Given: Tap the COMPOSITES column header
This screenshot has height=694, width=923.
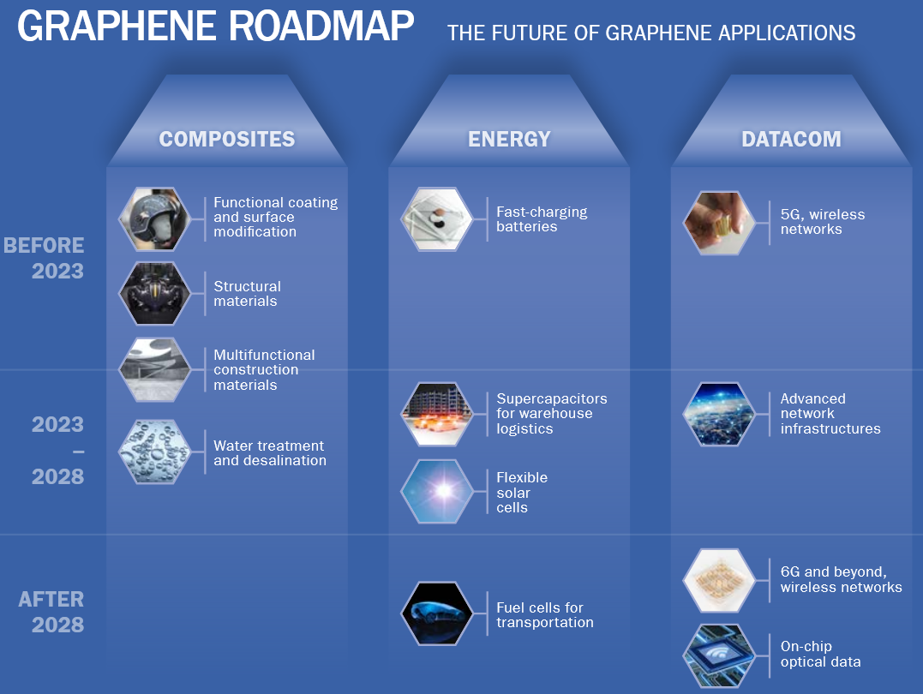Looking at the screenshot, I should pos(227,140).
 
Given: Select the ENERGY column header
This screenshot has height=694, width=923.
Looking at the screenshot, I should pos(509,140).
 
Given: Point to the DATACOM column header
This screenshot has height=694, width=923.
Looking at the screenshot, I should pos(791,140).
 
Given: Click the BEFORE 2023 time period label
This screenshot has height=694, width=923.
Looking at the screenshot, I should pos(44,258).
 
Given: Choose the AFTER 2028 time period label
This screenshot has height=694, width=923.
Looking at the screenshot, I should pos(51,612).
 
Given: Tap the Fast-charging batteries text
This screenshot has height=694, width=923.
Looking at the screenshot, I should pos(542,219).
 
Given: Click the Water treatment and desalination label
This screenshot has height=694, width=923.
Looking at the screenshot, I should pos(270,453).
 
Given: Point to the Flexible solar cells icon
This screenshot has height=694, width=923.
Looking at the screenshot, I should pos(437,492).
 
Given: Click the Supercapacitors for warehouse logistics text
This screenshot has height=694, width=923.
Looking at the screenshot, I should pos(552,414).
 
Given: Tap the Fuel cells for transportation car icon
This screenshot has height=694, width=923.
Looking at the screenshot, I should pos(437,613).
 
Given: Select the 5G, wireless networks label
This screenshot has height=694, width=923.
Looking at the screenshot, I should pos(823,222).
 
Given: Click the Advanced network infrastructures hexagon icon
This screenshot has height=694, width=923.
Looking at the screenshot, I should pos(719,414).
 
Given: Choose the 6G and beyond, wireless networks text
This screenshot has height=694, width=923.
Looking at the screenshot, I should pos(841,580).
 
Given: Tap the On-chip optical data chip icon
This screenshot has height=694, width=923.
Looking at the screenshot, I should pos(719,655).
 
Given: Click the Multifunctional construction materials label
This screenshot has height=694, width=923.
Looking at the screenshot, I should pos(264,370).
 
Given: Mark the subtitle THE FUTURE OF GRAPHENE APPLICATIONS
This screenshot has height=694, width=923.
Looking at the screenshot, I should pos(651,33).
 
